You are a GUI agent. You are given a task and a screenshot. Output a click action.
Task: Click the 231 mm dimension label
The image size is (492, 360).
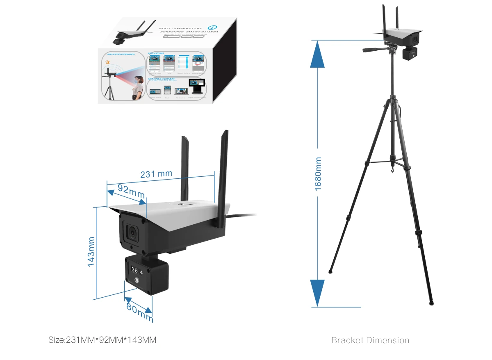point(156,174)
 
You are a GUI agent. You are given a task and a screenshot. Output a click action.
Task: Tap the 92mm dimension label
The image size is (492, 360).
point(131,191)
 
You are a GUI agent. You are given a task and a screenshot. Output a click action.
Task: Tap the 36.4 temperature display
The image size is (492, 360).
point(137,271)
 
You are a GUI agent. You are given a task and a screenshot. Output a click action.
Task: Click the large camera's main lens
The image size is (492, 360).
point(133,232)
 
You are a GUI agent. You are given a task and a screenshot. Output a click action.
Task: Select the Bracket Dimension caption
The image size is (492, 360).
point(370,340)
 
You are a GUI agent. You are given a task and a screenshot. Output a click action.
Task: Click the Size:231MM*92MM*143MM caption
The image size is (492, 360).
point(102,340)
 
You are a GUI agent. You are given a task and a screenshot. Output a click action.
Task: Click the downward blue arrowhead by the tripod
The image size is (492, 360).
point(317,292)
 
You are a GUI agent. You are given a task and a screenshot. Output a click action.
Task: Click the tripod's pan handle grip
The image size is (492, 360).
point(371,50)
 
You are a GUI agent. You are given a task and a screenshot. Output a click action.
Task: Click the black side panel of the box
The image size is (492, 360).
point(224,62)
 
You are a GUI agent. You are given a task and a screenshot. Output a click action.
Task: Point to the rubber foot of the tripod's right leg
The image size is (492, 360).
point(431,303)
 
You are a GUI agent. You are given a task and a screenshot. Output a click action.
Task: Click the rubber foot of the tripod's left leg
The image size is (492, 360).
point(330,271)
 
